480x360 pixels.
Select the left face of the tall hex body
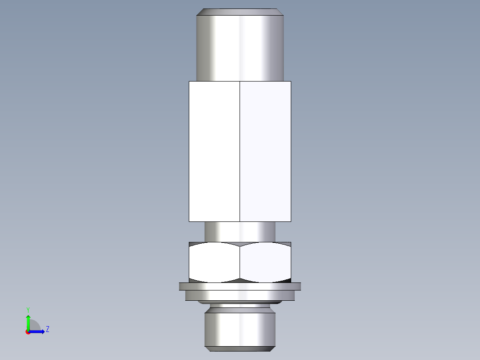(214, 151)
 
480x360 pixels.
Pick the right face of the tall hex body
(265, 151)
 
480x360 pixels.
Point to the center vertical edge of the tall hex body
(240, 151)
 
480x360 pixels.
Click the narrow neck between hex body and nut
(240, 232)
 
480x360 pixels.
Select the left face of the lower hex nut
(214, 263)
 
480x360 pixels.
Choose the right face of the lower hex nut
(265, 263)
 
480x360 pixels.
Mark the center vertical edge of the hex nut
(240, 263)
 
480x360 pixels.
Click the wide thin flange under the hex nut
(240, 286)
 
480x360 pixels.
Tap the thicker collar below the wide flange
(240, 295)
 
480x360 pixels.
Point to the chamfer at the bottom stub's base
(240, 347)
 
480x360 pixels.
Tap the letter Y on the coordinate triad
(28, 309)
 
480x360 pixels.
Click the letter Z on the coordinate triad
(47, 329)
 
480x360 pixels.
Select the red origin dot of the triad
(28, 332)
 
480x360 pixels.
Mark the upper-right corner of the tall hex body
(291, 82)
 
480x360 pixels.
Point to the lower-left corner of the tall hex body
(189, 221)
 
